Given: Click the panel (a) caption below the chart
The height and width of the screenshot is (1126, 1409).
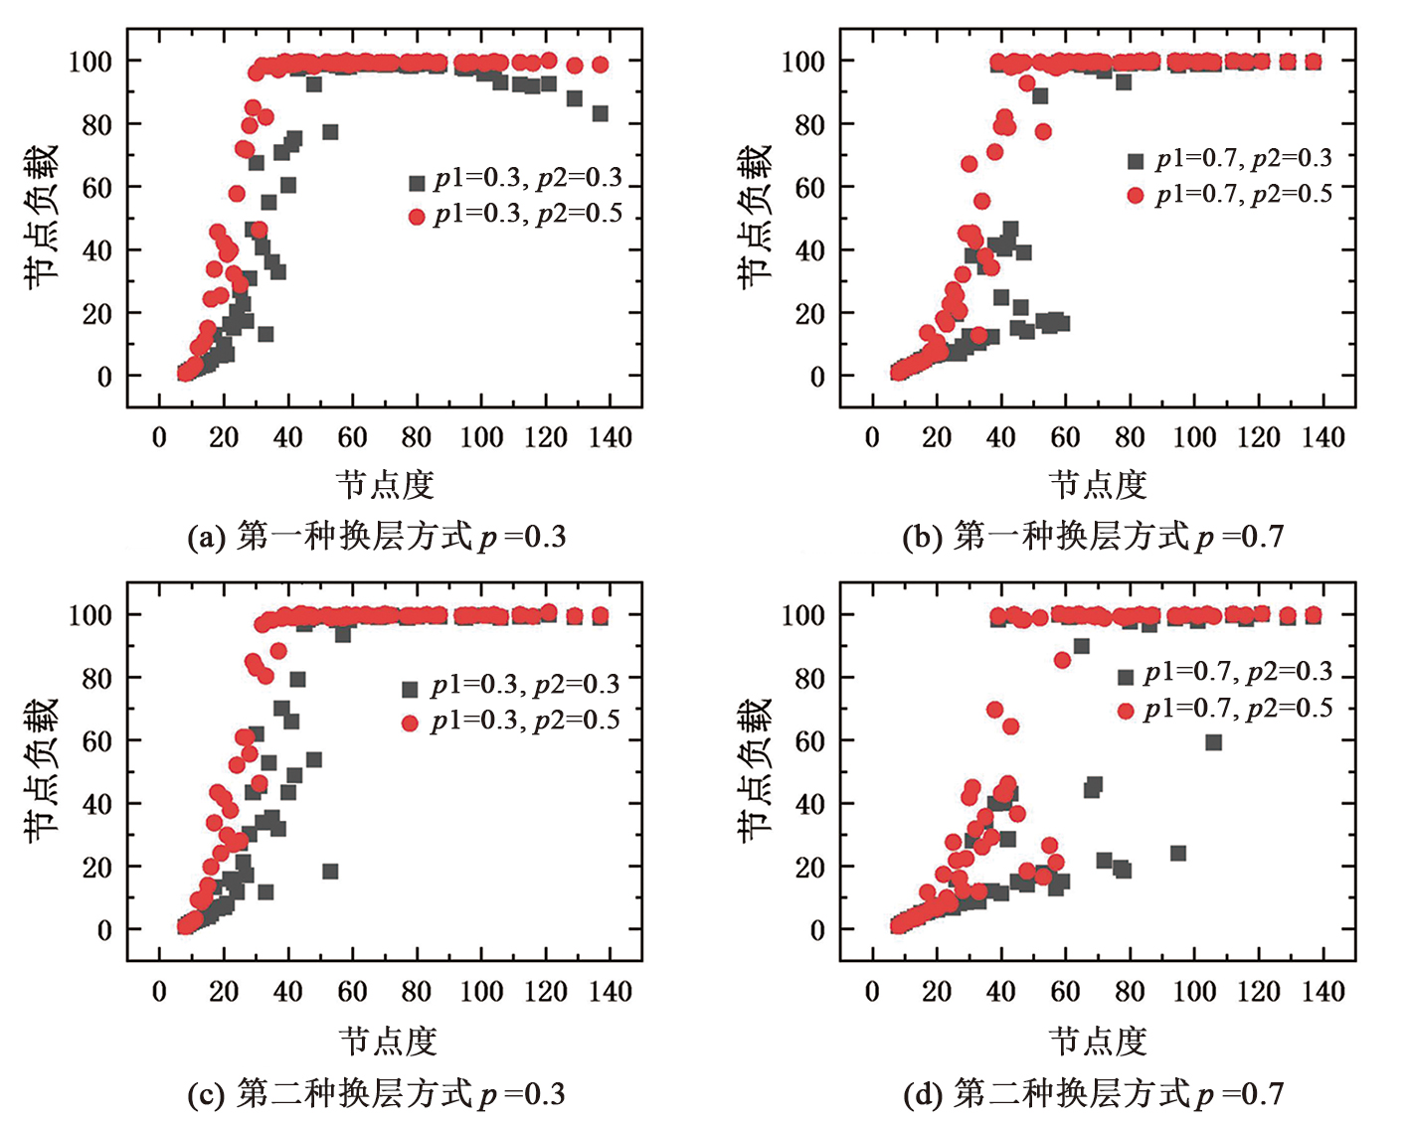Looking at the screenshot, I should pyautogui.click(x=377, y=538).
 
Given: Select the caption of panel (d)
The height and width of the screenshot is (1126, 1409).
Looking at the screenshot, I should pyautogui.click(x=1093, y=1094).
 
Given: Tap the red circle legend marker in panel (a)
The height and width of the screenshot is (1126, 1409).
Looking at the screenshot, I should pyautogui.click(x=417, y=217).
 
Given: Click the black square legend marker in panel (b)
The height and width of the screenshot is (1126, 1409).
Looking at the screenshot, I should pyautogui.click(x=1136, y=161).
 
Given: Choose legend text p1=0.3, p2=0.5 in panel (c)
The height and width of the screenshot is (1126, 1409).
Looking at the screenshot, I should pyautogui.click(x=525, y=722).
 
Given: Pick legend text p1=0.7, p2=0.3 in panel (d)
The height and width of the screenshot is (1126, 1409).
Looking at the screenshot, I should pyautogui.click(x=1238, y=673).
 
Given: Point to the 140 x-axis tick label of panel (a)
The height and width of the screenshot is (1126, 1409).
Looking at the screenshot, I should pyautogui.click(x=611, y=437).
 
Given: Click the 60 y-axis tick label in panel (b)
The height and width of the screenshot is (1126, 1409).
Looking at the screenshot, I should pyautogui.click(x=809, y=187).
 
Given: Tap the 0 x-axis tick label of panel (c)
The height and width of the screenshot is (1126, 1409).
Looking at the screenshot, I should pyautogui.click(x=159, y=991).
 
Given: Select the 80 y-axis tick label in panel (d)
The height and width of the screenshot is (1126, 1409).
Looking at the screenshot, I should pyautogui.click(x=809, y=678).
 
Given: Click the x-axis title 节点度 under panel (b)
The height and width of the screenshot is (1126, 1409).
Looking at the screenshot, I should pyautogui.click(x=1098, y=485).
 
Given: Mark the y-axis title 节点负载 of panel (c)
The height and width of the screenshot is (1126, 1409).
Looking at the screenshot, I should pyautogui.click(x=42, y=770).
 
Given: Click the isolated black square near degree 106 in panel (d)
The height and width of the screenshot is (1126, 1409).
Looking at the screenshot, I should pyautogui.click(x=1213, y=742).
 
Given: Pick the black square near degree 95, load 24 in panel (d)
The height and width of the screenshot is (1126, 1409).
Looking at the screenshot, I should pyautogui.click(x=1178, y=854).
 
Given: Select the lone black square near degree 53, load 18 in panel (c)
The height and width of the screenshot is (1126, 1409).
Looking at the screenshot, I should pyautogui.click(x=330, y=872).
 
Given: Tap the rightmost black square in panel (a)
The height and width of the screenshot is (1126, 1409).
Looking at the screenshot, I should pyautogui.click(x=600, y=114).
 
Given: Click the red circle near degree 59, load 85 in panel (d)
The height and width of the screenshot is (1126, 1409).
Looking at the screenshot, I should pyautogui.click(x=1062, y=661).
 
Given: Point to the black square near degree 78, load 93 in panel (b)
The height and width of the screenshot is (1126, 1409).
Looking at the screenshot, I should pyautogui.click(x=1124, y=82).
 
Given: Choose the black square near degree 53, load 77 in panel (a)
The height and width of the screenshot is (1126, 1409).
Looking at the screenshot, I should pyautogui.click(x=330, y=132).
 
